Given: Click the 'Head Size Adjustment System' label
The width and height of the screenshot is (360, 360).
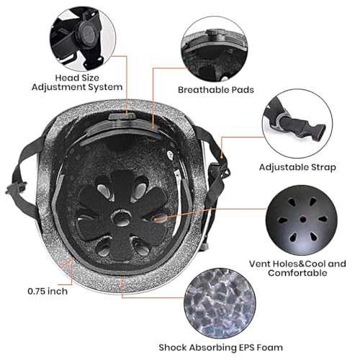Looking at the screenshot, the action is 77,82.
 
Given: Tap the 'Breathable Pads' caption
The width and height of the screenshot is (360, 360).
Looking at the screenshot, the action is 216,90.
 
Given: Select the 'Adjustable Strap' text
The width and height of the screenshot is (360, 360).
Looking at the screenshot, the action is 297,167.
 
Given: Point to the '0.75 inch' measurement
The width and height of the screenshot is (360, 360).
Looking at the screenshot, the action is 48,291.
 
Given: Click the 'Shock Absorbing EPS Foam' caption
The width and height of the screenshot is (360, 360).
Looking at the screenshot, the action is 220,347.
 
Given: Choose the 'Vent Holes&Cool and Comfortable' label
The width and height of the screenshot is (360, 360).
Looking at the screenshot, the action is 297,269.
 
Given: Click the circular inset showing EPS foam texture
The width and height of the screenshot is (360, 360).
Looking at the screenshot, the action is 220,304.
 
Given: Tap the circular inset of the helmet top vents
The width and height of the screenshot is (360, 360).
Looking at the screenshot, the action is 302,220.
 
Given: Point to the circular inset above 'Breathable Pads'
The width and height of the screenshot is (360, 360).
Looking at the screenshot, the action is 215,49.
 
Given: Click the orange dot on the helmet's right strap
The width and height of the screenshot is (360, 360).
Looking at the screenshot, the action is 222,158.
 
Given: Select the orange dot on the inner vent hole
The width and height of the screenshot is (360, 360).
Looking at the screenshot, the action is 156,219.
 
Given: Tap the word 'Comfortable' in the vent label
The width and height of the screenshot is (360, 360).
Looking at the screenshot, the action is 297,273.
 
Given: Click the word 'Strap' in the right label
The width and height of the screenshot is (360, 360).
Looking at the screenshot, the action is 323,167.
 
